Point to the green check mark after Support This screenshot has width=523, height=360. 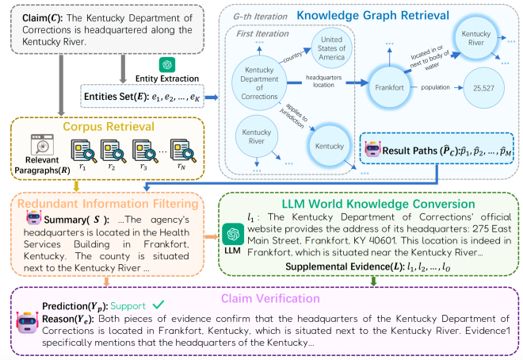[158, 305]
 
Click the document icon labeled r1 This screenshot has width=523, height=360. [83, 147]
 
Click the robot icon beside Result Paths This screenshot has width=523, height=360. [372, 148]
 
